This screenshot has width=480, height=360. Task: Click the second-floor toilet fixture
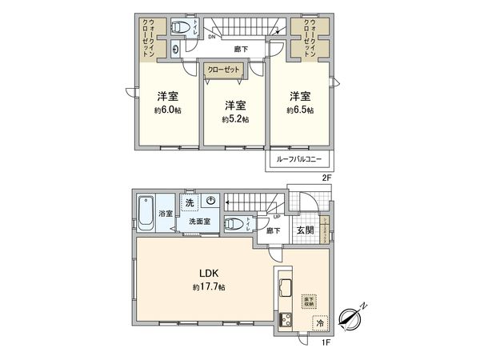pos(183,29)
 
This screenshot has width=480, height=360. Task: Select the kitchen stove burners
pos(284,322)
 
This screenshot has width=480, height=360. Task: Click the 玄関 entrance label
pos(305,230)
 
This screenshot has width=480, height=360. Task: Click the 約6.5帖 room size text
pos(301,110)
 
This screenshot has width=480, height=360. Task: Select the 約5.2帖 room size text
pos(235,119)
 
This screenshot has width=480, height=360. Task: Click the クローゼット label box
pos(225,70)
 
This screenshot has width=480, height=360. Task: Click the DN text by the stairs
pos(211,37)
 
